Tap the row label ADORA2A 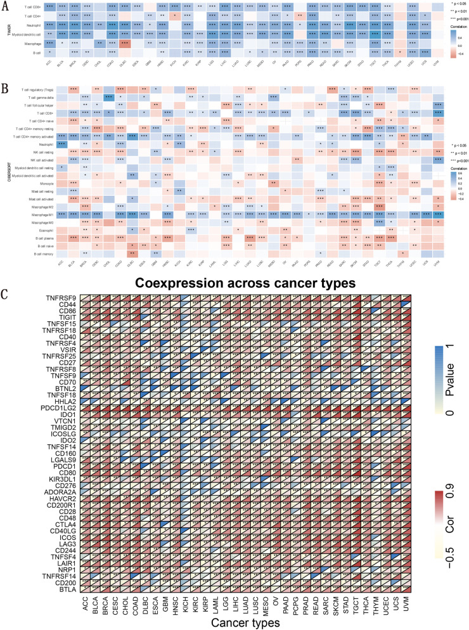pos(55,492)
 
